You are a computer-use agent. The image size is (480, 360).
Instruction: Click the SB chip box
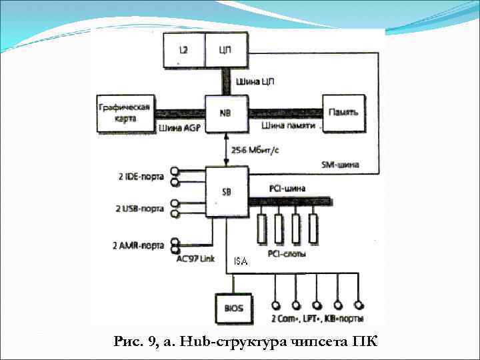[x=227, y=192]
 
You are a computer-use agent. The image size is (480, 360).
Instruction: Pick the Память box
[x=344, y=113]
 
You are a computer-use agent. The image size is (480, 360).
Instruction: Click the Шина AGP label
[x=179, y=127]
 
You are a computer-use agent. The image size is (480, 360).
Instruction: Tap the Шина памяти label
[x=287, y=125]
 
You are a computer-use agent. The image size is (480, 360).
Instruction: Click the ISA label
[x=241, y=261]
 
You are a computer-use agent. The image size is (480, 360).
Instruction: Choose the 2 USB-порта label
[x=140, y=209]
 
